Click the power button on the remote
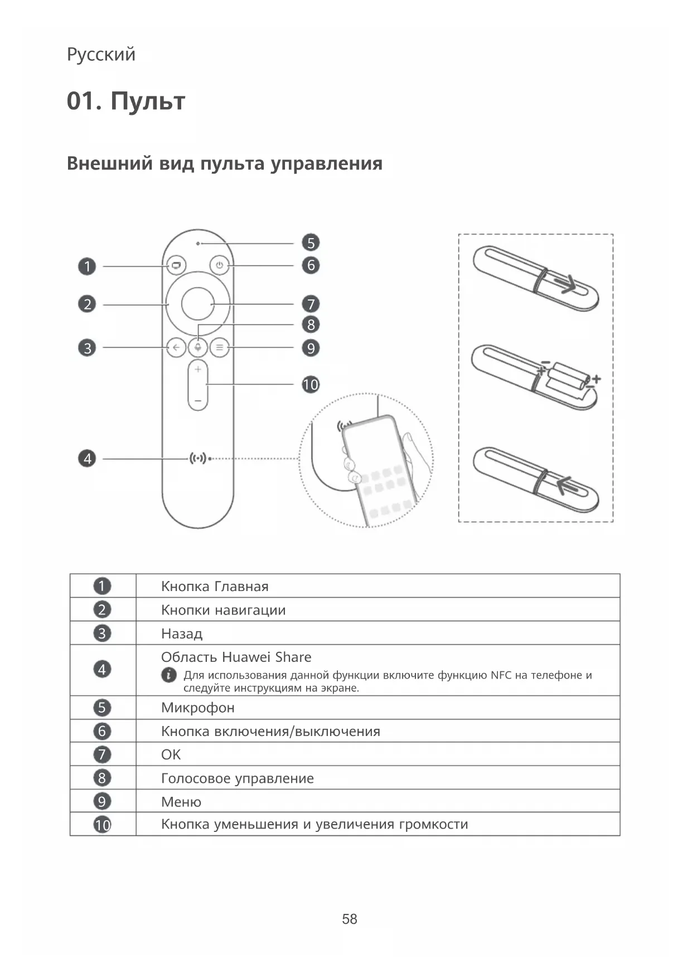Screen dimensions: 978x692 pos(220,265)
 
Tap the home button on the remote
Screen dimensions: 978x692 pos(176,265)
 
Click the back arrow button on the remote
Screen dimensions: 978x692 pos(176,348)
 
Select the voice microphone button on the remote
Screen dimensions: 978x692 pos(197,348)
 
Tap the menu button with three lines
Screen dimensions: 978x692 pos(220,348)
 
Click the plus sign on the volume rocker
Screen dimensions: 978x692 pos(198,369)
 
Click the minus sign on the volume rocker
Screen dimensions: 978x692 pos(198,400)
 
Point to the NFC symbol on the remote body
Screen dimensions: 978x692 pos(198,458)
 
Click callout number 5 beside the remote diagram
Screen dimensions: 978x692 pos(311,243)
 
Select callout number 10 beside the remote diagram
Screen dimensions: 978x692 pos(311,384)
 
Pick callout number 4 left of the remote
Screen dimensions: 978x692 pos(87,458)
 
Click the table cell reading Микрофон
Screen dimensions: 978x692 pos(198,708)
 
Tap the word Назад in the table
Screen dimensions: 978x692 pos(182,633)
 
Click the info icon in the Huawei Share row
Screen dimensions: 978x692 pos(168,675)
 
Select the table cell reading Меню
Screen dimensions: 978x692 pos(181,802)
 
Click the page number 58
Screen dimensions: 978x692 pos(350,919)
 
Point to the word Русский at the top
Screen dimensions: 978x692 pos(101,55)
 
